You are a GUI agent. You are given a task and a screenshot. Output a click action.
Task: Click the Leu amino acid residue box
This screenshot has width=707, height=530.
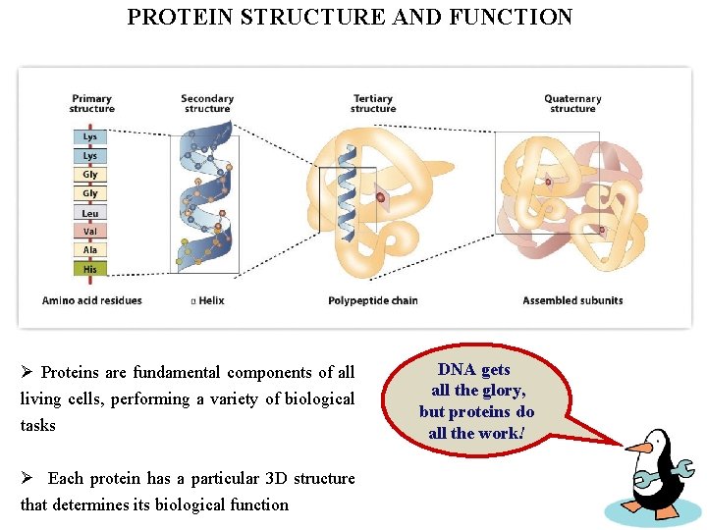[x=90, y=213]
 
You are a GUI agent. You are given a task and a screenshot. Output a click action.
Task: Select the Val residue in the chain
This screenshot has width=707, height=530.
[x=90, y=232]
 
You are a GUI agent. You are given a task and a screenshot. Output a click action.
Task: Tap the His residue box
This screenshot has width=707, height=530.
[x=90, y=269]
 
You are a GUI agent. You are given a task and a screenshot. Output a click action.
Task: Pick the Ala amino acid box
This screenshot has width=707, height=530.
[x=90, y=250]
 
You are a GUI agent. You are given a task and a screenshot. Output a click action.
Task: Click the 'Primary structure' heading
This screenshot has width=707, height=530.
[x=91, y=103]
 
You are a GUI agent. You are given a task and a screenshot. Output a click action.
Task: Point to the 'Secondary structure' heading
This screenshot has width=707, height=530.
[x=207, y=103]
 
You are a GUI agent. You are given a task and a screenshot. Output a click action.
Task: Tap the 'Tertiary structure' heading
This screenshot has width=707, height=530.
[x=373, y=103]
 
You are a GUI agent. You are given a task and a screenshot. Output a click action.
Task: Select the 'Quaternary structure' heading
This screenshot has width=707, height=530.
[x=572, y=103]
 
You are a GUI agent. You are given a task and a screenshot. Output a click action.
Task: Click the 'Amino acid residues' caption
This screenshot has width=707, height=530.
[x=92, y=300]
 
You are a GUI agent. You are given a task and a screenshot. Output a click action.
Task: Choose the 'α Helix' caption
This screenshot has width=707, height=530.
[x=207, y=300]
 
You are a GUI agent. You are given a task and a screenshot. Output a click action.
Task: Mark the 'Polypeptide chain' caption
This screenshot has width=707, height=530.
[x=373, y=300]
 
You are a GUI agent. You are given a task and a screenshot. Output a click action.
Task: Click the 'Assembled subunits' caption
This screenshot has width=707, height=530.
[x=572, y=300]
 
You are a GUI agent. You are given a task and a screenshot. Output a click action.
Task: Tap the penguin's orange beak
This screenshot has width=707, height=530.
[x=640, y=448]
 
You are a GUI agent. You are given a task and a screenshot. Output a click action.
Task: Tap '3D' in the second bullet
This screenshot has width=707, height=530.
[x=278, y=478]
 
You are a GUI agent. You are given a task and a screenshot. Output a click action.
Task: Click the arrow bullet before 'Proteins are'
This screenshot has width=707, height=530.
[x=27, y=372]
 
